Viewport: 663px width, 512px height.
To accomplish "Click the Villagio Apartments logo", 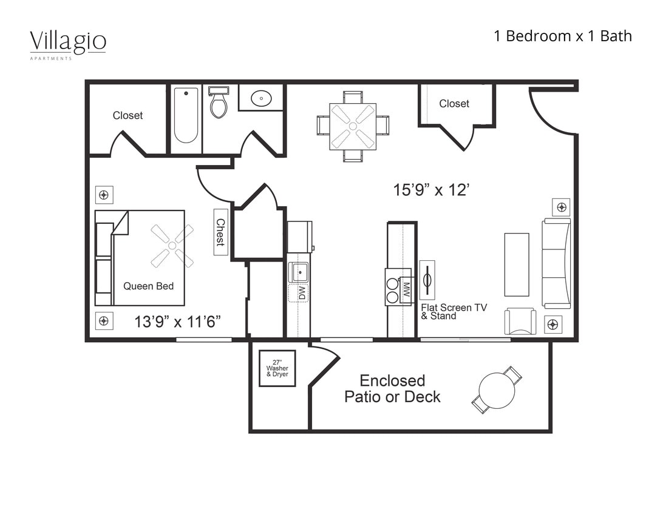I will (68, 44).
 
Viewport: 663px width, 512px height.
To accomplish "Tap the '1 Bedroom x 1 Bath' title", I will (562, 36).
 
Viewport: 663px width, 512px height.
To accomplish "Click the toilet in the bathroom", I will (219, 103).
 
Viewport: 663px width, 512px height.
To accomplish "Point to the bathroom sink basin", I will (261, 97).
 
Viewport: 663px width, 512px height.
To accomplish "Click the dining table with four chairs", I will (353, 126).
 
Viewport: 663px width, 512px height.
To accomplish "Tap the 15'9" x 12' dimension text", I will (431, 190).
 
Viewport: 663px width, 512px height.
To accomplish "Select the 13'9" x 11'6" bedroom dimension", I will (177, 322).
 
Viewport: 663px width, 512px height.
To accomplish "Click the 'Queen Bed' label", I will (148, 286).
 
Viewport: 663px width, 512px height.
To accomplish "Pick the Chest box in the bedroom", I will (220, 232).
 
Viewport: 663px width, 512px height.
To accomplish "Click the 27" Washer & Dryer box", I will (277, 368).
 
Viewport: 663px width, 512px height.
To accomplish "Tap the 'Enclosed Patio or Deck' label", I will (392, 389).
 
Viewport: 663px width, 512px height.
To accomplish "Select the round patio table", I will (497, 389).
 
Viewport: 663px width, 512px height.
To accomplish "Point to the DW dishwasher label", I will (301, 293).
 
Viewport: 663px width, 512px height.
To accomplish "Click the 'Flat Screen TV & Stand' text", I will (454, 312).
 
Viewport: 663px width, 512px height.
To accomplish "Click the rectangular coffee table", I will (516, 264).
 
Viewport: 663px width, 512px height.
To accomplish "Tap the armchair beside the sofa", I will (520, 322).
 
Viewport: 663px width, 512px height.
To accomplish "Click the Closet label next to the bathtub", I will (128, 115).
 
